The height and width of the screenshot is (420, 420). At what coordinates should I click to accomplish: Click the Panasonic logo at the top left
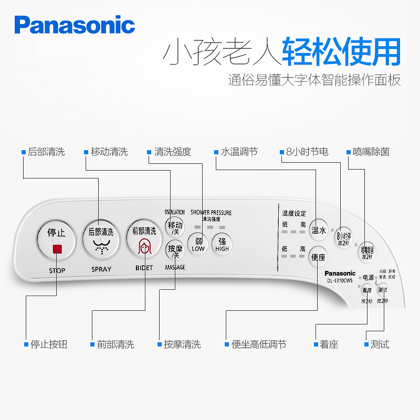pos(75,25)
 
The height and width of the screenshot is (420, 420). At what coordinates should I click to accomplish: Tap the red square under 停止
pos(57,249)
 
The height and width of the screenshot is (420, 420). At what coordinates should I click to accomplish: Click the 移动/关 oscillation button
pos(175,227)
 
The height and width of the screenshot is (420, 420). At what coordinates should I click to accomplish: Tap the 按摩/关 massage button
pos(175,250)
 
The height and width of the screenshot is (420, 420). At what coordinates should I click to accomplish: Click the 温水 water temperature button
pos(319,230)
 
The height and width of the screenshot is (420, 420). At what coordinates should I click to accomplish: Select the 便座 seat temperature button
pos(319,257)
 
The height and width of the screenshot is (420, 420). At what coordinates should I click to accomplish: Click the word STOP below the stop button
pos(57,270)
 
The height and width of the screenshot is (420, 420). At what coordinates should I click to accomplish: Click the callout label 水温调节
pos(239,152)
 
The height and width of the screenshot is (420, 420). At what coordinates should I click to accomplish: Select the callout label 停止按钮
pos(49,344)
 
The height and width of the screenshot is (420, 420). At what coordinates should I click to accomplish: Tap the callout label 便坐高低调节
pos(259,344)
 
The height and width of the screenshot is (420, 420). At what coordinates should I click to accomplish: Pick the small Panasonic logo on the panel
pos(340,273)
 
